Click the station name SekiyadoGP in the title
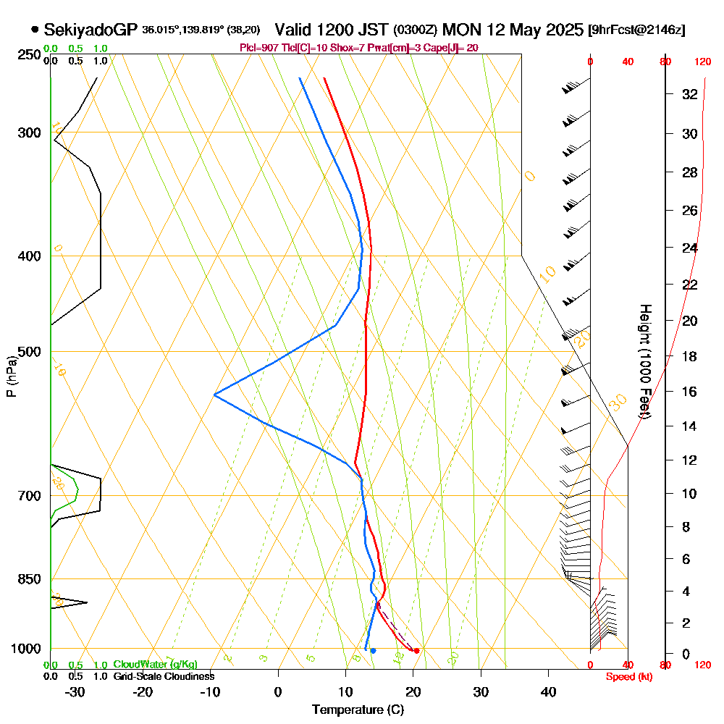[90, 30]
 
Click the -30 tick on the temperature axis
[75, 692]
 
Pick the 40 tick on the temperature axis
[548, 692]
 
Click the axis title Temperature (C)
[358, 710]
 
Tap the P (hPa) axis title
[11, 376]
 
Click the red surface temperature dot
[416, 651]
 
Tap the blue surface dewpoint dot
[373, 651]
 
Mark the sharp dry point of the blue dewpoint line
[214, 395]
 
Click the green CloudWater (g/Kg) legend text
[155, 665]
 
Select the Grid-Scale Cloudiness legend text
[163, 676]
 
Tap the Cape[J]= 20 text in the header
[450, 48]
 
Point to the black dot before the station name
[35, 30]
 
